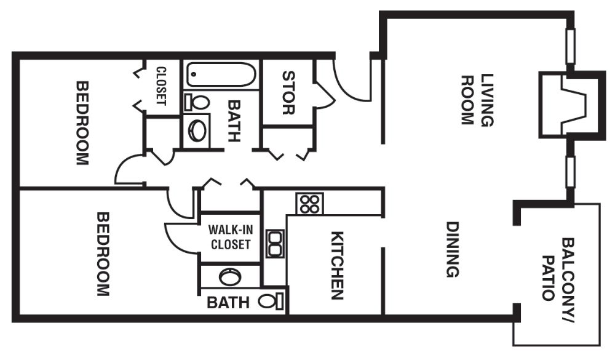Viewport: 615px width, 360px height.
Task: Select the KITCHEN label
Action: point(337,265)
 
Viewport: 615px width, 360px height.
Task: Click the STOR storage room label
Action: point(288,93)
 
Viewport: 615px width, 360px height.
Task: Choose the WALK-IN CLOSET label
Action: point(231,237)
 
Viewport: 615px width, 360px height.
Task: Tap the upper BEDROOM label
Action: point(82,122)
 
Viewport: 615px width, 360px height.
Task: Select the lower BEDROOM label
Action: point(102,254)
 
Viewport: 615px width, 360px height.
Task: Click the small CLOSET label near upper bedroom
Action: point(161,86)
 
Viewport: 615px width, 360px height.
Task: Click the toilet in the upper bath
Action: point(197,102)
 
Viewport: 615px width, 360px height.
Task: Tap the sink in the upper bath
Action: point(197,130)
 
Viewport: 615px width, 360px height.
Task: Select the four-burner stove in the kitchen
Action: point(309,204)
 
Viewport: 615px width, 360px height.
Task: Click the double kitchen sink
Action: point(275,243)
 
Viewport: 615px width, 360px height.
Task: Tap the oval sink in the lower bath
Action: point(231,276)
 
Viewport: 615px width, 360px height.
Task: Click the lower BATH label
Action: point(228,302)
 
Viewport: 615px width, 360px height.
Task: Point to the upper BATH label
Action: point(234,122)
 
